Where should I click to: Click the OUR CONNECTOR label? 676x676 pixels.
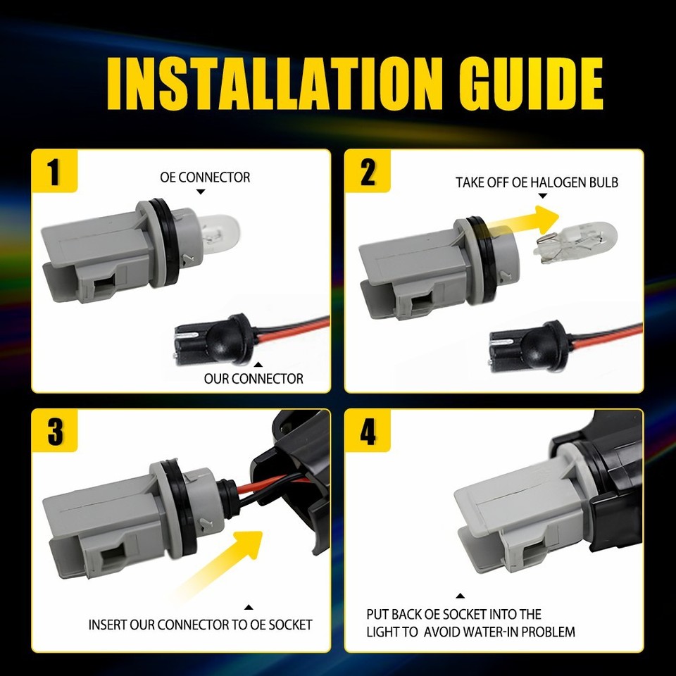point(254,378)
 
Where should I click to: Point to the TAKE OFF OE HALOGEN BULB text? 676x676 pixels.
point(537,182)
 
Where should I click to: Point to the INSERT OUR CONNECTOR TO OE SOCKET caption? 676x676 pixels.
point(200,625)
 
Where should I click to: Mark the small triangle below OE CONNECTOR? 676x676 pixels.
point(200,192)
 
